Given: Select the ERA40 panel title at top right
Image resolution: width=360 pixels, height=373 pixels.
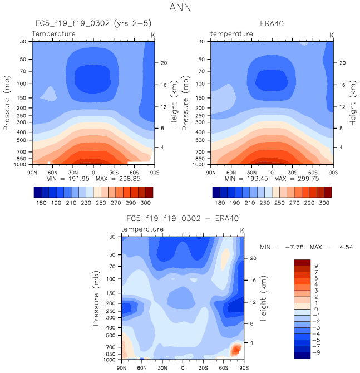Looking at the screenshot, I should pyautogui.click(x=272, y=24).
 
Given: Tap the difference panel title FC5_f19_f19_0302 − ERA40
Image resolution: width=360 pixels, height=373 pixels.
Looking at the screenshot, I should pyautogui.click(x=182, y=219).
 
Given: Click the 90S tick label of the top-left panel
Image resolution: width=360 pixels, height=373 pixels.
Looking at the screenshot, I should pyautogui.click(x=154, y=171).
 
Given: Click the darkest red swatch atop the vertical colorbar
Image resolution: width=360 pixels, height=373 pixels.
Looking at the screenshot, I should pyautogui.click(x=302, y=262).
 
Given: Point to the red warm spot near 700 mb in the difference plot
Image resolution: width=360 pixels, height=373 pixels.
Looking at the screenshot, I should pyautogui.click(x=236, y=350).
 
